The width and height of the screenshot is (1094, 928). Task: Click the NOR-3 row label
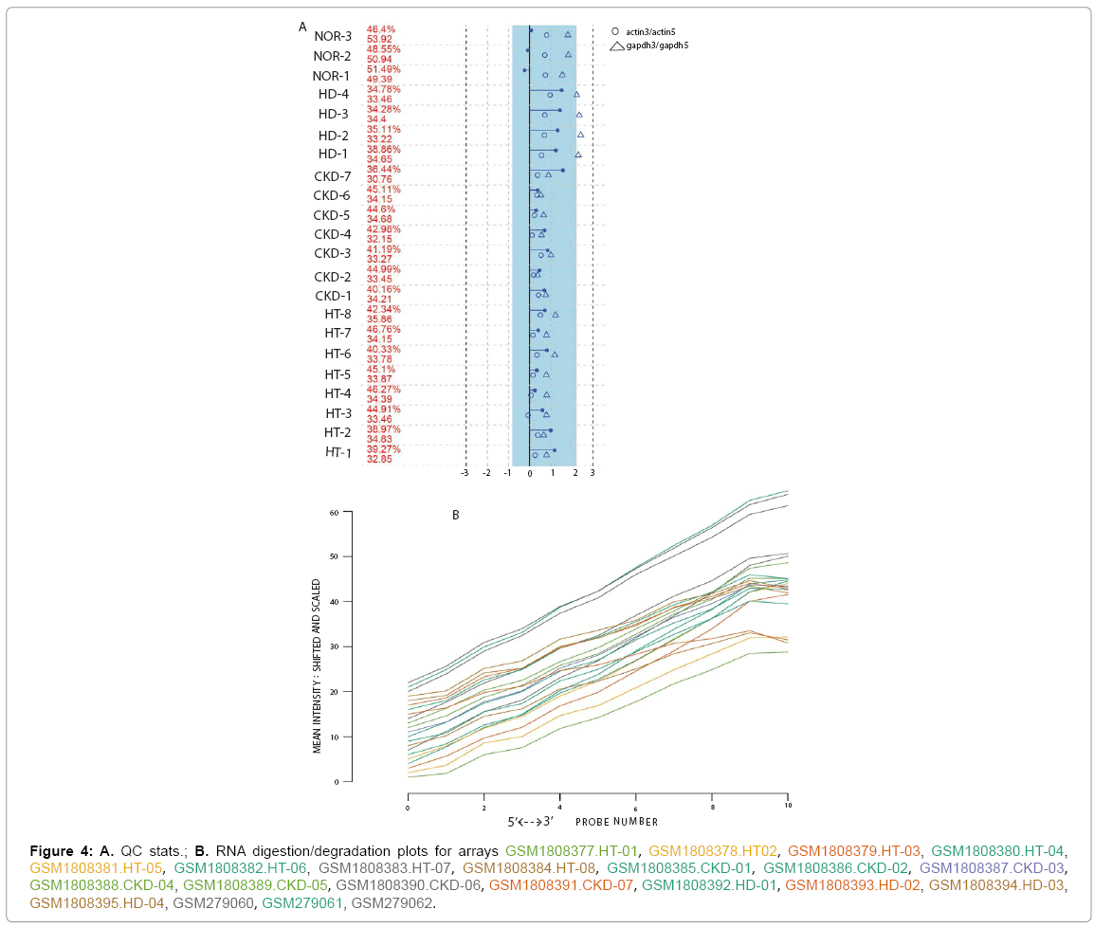point(333,36)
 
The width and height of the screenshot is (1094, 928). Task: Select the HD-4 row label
point(334,94)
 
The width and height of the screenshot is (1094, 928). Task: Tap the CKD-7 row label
point(332,176)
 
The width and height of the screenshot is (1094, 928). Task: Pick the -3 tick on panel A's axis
point(465,472)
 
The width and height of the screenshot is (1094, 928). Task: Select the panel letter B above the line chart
point(456,516)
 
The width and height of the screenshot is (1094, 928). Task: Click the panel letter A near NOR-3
point(302,27)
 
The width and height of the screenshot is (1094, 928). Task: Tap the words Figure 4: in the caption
point(63,847)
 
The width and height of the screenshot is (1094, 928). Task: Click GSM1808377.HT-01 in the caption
point(573,847)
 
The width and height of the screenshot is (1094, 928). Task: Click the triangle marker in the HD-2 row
point(580,135)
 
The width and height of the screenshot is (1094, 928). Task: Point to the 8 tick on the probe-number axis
point(711,807)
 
